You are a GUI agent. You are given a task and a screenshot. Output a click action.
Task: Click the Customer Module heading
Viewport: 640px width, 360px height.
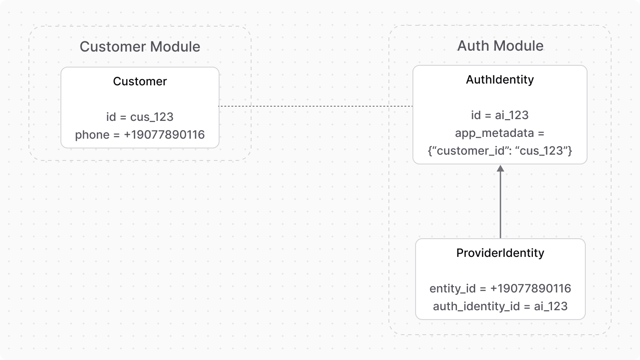coord(140,47)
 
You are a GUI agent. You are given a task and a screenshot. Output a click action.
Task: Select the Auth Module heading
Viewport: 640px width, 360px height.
coord(500,46)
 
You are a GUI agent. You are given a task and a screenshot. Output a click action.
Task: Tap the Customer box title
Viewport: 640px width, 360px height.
coord(140,81)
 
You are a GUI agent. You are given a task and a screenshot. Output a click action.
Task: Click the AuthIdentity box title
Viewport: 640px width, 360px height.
coord(500,80)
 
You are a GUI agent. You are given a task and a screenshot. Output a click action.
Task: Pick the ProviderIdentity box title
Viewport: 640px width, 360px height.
coord(500,253)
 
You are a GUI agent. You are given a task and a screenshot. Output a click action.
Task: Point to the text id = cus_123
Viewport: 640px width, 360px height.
coord(140,117)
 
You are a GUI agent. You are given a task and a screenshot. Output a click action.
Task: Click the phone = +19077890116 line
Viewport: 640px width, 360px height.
coord(140,135)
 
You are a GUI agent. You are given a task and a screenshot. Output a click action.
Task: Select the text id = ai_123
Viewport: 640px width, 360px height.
coord(500,115)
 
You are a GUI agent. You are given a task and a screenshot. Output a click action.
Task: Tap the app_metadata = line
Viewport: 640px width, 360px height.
coord(500,133)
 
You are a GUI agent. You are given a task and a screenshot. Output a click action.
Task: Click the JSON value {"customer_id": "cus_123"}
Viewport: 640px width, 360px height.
coord(500,151)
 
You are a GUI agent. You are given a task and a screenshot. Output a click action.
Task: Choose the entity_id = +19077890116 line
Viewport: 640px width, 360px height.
coord(500,288)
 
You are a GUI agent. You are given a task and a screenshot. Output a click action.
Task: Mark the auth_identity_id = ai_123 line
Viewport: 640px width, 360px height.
coord(500,306)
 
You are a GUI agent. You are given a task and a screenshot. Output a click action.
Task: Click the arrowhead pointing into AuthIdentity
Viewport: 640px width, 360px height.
coord(500,168)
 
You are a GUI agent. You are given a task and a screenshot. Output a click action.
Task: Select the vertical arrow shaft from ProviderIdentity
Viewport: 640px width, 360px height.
coord(500,204)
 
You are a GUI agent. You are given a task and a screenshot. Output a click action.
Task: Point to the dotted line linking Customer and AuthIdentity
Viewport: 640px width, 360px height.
coord(316,106)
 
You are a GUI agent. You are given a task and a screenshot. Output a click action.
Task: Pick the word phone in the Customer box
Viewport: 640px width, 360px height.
coord(91,135)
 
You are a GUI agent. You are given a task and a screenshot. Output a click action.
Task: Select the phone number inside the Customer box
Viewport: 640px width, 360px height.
coord(164,135)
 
